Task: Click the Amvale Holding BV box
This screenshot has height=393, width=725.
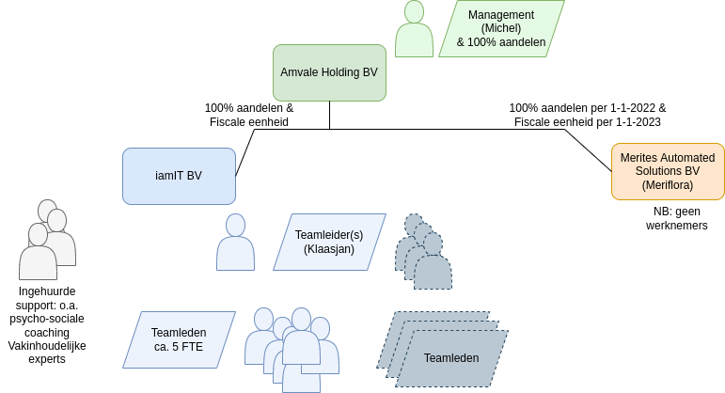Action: (x=329, y=72)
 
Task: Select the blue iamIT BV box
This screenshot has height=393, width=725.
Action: (x=179, y=176)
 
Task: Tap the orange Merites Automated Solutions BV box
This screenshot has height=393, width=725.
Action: (x=668, y=171)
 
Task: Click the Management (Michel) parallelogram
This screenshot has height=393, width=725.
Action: (x=501, y=28)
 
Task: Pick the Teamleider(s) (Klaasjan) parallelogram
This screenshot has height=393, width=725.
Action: (x=329, y=242)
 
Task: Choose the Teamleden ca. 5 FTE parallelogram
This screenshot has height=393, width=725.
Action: (x=179, y=339)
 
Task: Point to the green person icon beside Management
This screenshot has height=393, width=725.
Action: (x=414, y=30)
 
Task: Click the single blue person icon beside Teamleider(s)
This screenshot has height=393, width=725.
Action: (x=235, y=243)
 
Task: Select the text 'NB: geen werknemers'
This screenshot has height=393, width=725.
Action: (x=676, y=218)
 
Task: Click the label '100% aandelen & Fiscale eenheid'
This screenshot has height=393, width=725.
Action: (x=249, y=115)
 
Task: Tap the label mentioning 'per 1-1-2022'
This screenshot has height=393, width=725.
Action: (x=587, y=115)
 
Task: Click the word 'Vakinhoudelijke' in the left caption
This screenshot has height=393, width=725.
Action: (x=47, y=345)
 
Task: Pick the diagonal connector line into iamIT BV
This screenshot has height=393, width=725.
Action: (x=244, y=152)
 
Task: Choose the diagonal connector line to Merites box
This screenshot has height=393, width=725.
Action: (x=588, y=149)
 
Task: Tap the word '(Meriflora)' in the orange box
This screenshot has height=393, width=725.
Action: (x=668, y=184)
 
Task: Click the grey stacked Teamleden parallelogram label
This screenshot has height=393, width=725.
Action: (x=451, y=357)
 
